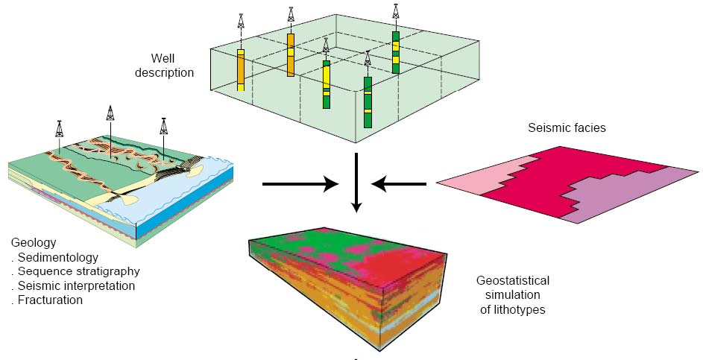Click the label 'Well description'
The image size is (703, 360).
tap(171, 66)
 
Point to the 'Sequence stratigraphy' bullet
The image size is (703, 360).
tap(78, 272)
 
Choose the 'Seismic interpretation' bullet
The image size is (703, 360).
tap(76, 286)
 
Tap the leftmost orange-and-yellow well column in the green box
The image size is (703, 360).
tap(241, 70)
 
